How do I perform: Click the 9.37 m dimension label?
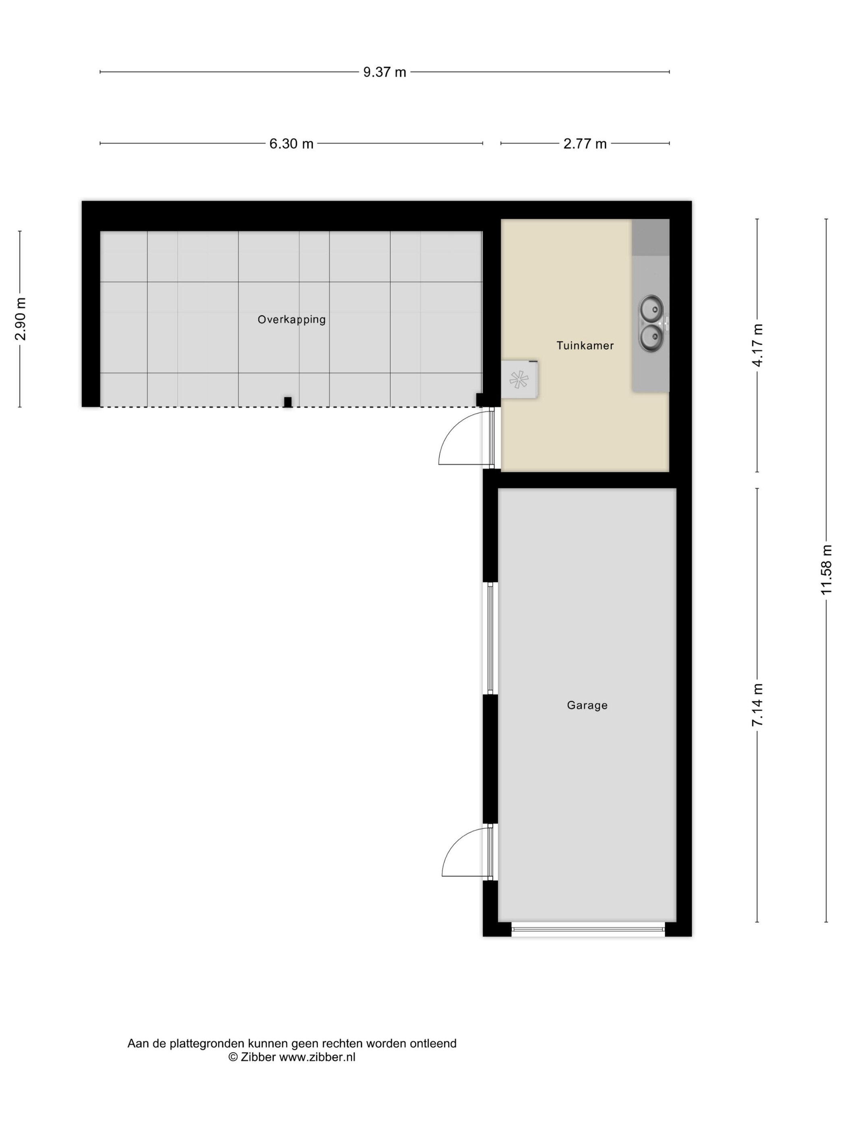[384, 72]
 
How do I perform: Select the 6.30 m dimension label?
[291, 143]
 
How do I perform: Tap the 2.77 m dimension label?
[585, 143]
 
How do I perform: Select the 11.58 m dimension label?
[826, 569]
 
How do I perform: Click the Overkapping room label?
[291, 320]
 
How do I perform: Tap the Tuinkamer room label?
[585, 345]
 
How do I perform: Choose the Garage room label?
[587, 705]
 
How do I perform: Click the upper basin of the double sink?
[651, 308]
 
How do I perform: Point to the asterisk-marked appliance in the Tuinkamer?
[520, 379]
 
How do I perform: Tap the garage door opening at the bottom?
[588, 929]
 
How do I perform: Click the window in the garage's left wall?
[490, 638]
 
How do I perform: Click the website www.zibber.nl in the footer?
[317, 1057]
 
